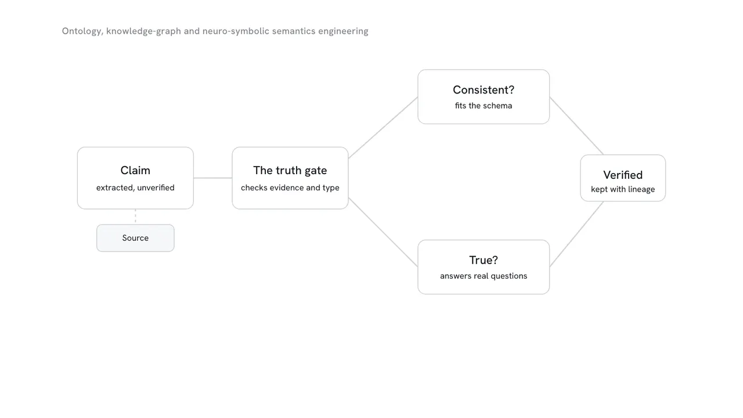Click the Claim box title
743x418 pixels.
point(135,171)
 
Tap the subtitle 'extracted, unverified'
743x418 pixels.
point(135,188)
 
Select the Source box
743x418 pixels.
point(135,238)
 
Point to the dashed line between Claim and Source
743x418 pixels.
point(135,217)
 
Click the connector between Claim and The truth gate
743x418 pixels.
point(212,178)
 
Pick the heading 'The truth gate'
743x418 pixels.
point(290,171)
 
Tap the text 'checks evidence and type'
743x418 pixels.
point(290,188)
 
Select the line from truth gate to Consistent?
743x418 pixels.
point(383,128)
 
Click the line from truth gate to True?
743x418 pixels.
point(383,232)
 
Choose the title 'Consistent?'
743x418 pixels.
point(484,90)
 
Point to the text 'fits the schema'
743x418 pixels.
point(484,106)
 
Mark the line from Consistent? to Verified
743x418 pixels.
point(576,126)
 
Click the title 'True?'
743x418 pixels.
point(484,260)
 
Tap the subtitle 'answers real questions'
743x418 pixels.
point(484,276)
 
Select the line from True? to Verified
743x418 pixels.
point(576,234)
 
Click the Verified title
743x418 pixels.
point(623,175)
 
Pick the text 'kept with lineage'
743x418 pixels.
point(623,189)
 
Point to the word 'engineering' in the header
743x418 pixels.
point(343,31)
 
